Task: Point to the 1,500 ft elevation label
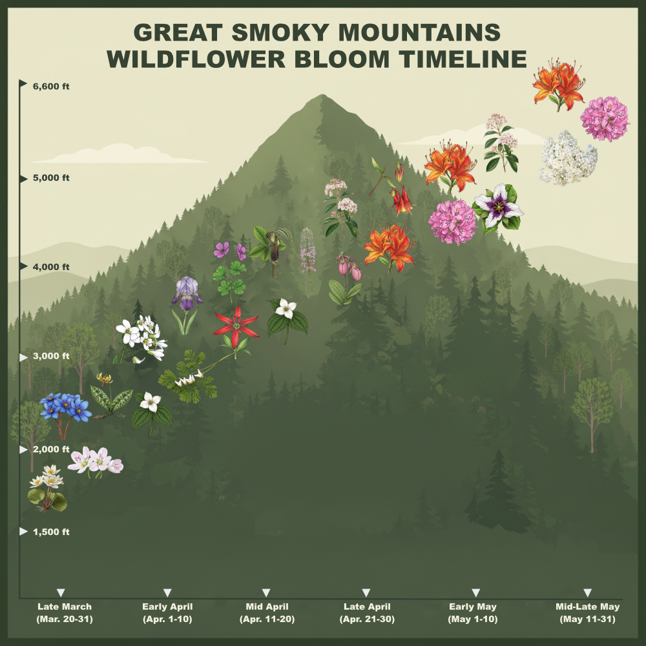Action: pyautogui.click(x=50, y=532)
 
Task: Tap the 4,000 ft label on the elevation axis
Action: pyautogui.click(x=50, y=266)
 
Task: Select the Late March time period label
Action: pyautogui.click(x=65, y=612)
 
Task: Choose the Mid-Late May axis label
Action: pyautogui.click(x=587, y=612)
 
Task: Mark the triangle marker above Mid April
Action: pyautogui.click(x=266, y=592)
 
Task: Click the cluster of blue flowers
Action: pyautogui.click(x=65, y=407)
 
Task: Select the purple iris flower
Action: pyautogui.click(x=187, y=292)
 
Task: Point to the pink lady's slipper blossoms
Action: pyautogui.click(x=349, y=268)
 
